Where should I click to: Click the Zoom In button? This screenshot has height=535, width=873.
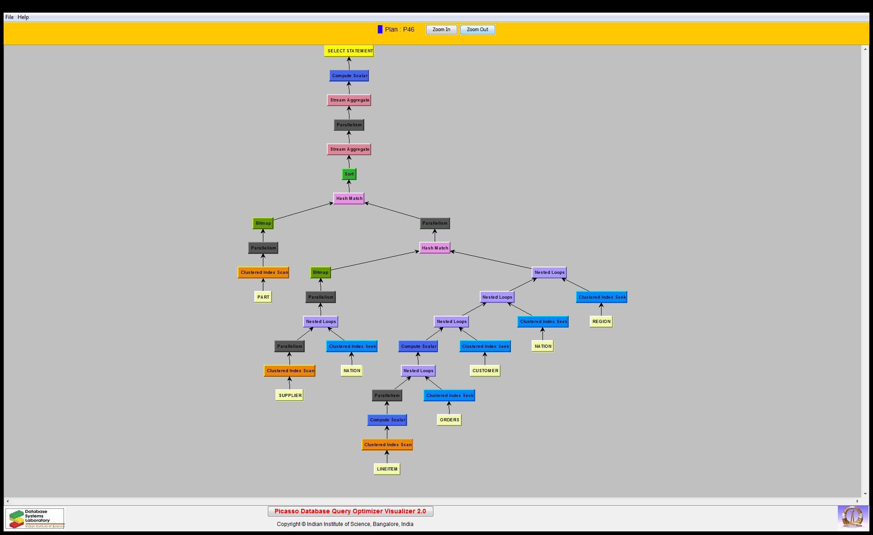(x=441, y=30)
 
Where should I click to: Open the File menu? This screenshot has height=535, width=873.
(x=9, y=17)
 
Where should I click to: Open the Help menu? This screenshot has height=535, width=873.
(x=23, y=17)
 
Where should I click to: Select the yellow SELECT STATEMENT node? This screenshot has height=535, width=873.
(x=349, y=51)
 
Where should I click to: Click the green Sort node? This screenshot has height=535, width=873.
(x=349, y=174)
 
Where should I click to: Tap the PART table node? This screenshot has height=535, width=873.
(x=263, y=297)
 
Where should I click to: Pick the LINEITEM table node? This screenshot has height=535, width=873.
(x=387, y=469)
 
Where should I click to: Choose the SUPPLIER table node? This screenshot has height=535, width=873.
(x=289, y=396)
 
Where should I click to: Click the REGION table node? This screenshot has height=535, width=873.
(x=601, y=322)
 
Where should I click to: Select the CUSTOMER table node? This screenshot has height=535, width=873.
(x=485, y=371)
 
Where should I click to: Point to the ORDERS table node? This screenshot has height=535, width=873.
(x=449, y=420)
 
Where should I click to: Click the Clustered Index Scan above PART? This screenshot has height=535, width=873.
(x=263, y=272)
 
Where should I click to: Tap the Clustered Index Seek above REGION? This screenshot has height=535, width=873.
(x=602, y=297)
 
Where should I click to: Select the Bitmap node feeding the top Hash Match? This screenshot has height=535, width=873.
(x=263, y=223)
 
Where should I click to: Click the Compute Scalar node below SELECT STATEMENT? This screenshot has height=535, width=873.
(x=349, y=76)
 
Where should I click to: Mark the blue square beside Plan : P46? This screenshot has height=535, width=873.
(x=380, y=30)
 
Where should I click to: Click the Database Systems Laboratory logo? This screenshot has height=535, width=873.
(x=35, y=518)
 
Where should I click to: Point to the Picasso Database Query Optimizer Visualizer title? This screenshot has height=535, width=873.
(x=350, y=511)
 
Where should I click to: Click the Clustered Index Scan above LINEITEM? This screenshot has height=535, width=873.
(x=387, y=445)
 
